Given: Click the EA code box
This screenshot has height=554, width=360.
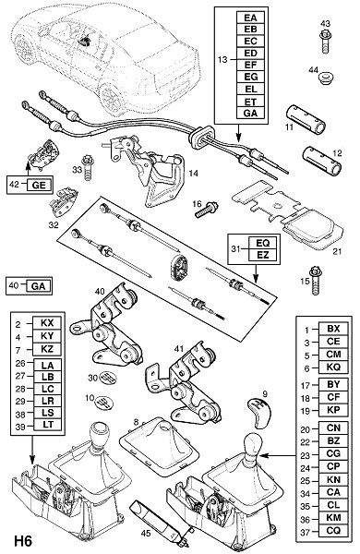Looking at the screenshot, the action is pos(250,18).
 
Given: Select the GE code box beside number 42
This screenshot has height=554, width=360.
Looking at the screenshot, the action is pos(39,185).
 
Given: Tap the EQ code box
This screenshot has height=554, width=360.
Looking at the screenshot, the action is pos(262,243).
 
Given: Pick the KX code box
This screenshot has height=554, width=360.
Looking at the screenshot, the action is pos(47,323).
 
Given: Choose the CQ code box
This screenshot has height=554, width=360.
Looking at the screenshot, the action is pos(333,530).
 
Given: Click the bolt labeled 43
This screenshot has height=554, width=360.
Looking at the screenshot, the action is pos(325,42).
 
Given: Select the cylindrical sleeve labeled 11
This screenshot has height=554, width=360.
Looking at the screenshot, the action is pos(306,119).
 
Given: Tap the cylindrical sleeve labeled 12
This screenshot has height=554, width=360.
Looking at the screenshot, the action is pos(321,161).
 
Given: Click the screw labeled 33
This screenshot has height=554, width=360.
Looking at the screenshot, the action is pos(88,167).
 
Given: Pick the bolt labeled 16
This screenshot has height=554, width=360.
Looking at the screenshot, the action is pos(207,209).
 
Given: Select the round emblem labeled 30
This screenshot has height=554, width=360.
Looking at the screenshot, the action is pos(108,378).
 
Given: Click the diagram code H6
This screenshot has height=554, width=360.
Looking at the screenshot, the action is pos(23,541).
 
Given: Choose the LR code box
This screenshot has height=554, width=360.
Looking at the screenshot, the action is pos(48,401).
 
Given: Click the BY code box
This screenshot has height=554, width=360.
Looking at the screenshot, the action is pos(333,385).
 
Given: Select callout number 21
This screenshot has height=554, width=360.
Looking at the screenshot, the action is pos(338,251).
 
